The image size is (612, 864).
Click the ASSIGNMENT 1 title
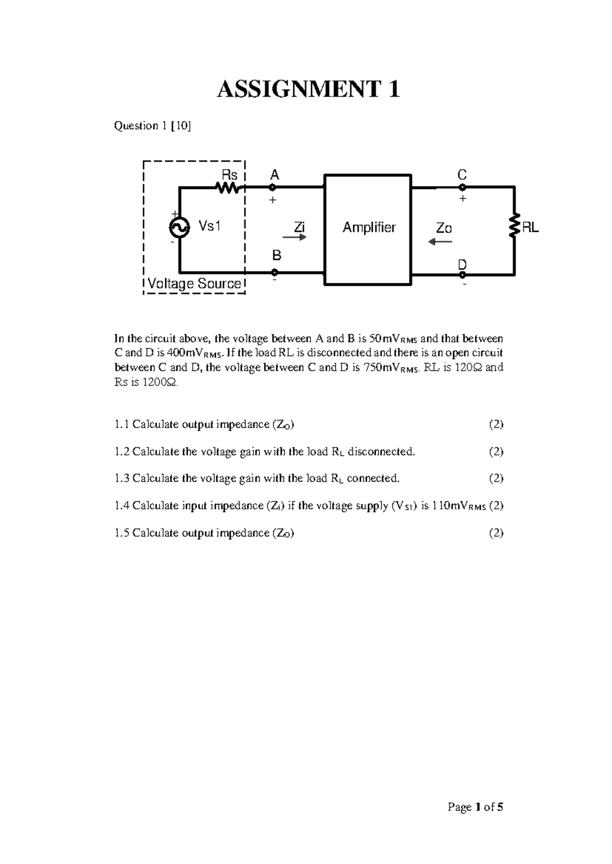point(308,90)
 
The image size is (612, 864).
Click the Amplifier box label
point(369,227)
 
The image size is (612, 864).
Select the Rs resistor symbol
point(228,188)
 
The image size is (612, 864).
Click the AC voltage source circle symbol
point(180,227)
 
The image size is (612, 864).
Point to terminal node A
point(272,187)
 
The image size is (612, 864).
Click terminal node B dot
point(275,272)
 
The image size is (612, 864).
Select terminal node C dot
point(462,187)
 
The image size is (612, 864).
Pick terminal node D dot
point(462,275)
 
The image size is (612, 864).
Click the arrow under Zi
point(295,237)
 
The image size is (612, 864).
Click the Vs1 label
point(209,226)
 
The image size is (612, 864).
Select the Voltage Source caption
point(194,284)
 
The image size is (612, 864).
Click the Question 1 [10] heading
point(152,126)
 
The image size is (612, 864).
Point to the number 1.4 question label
point(122,506)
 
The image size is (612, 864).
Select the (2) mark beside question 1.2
point(496,452)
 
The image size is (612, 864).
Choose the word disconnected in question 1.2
point(380,452)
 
